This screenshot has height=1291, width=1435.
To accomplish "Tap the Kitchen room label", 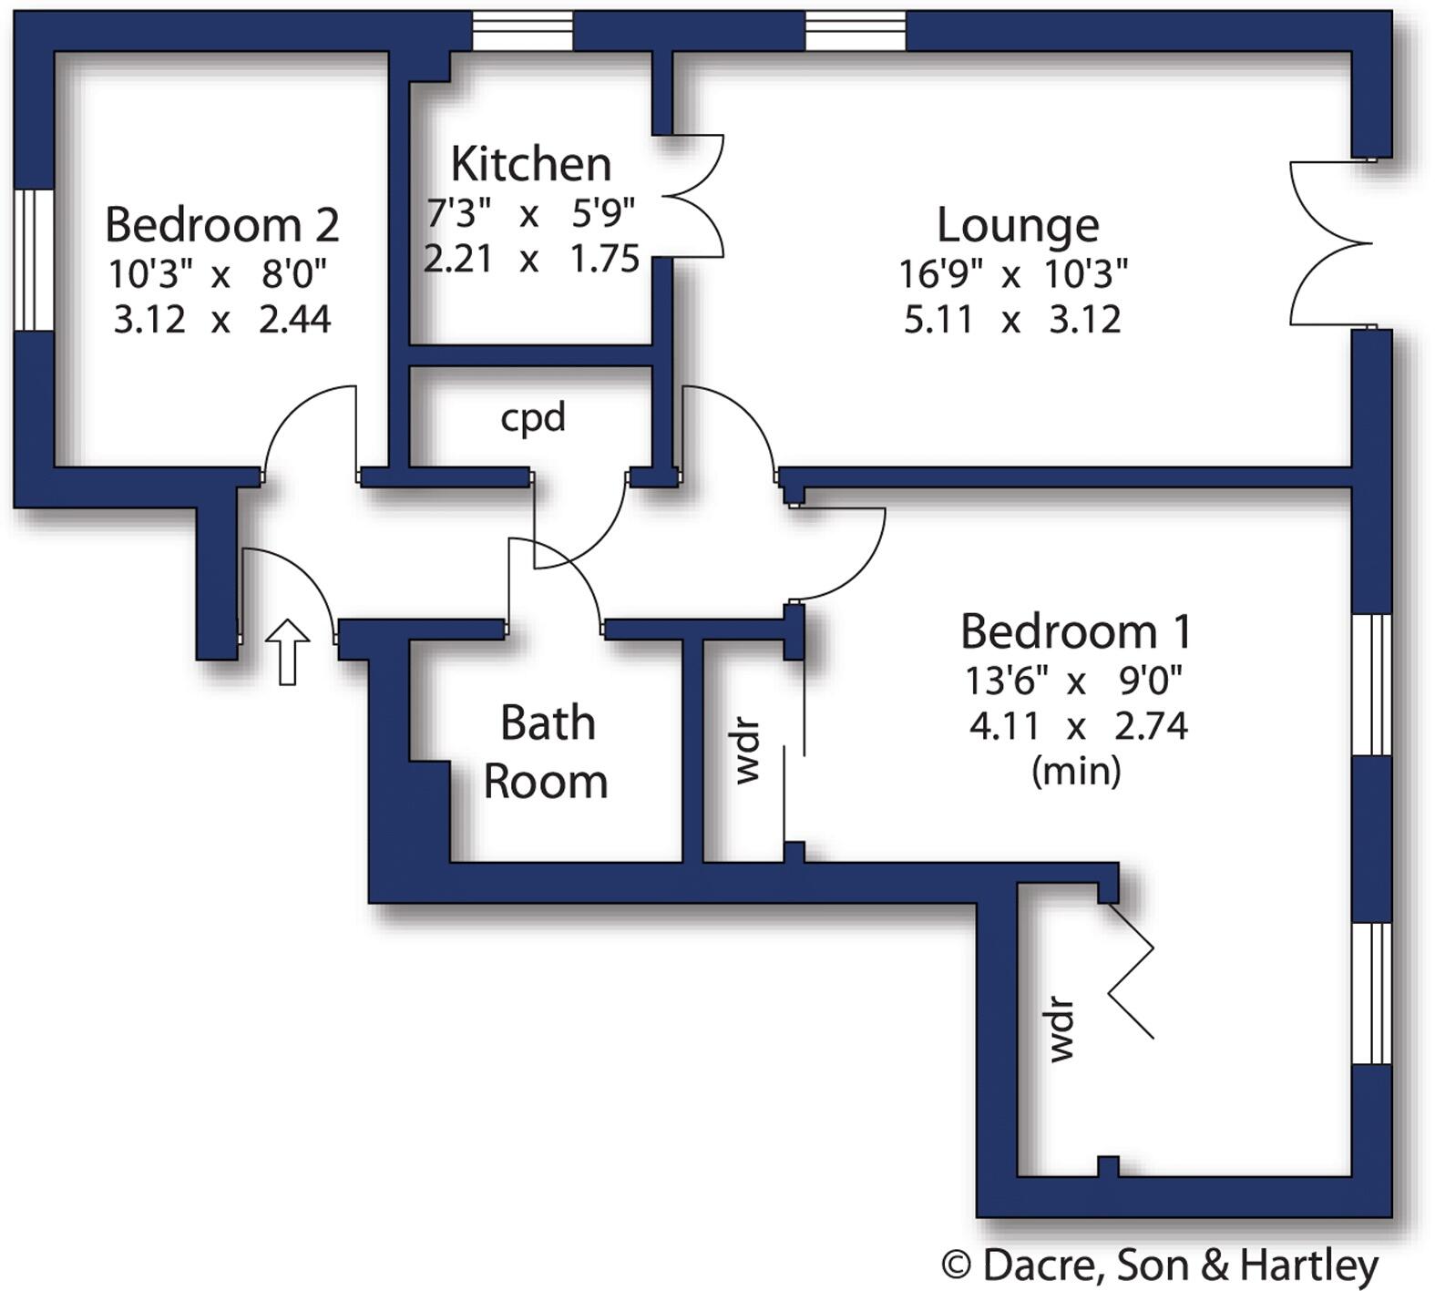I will coord(531,164).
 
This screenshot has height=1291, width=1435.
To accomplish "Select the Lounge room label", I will coord(1018,225).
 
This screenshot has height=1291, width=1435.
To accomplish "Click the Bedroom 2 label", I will coord(222,224).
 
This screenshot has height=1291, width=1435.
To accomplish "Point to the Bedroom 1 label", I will coord(1076,630).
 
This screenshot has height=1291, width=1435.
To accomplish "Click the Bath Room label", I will coord(547,752).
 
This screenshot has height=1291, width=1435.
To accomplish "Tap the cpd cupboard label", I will coord(533,417).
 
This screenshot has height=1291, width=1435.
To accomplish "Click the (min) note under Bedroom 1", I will coord(1076,772).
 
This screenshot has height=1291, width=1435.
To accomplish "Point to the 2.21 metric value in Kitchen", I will coord(458,259).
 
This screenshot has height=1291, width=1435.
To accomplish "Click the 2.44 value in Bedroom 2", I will coord(295,320).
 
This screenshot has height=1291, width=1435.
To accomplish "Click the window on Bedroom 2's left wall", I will coord(34,260).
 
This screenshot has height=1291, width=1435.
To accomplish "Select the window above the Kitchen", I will coord(523,31).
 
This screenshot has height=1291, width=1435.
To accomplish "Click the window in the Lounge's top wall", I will coord(856,31).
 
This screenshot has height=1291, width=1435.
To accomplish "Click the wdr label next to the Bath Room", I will coord(747,752).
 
